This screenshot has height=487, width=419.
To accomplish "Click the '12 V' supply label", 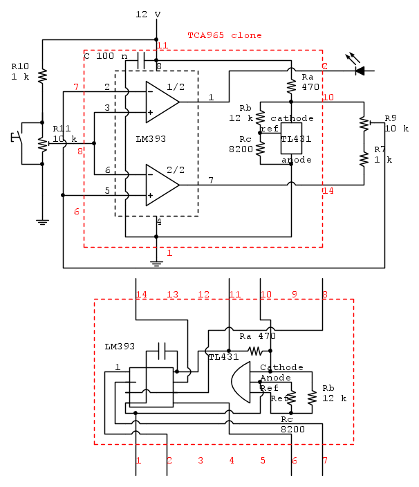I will (x=148, y=15).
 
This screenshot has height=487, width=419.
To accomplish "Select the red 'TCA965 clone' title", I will (x=225, y=35).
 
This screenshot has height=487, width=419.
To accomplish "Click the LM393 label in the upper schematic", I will (x=151, y=139).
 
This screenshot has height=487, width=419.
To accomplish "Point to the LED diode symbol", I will (x=360, y=70).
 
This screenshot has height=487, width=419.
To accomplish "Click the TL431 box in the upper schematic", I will (x=292, y=139).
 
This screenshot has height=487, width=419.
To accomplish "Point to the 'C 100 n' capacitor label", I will (x=106, y=56).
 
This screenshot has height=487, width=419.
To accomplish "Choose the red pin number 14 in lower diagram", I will (x=142, y=295).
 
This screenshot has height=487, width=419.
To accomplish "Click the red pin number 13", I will (x=172, y=295).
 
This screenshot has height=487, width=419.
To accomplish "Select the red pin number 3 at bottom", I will (x=201, y=460).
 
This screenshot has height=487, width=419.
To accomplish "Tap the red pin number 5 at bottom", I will (x=263, y=460).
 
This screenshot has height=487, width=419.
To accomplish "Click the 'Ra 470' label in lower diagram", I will (x=257, y=336).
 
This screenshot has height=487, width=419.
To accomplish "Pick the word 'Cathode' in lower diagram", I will (x=281, y=367).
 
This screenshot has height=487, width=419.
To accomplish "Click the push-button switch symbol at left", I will (x=21, y=136).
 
